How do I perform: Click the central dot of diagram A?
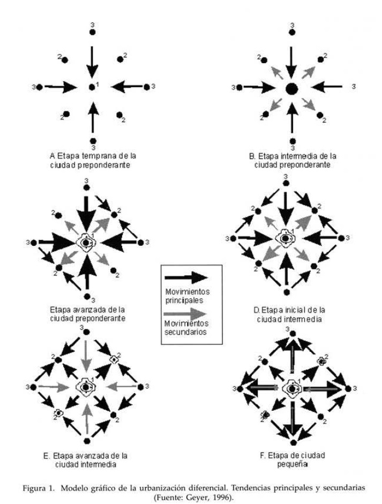coord(92,86)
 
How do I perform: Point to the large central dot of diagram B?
coord(291,87)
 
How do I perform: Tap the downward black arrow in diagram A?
coord(92,62)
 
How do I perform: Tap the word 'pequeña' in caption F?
coord(293,464)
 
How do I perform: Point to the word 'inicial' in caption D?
coord(287,310)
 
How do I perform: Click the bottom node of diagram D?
coord(287,291)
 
